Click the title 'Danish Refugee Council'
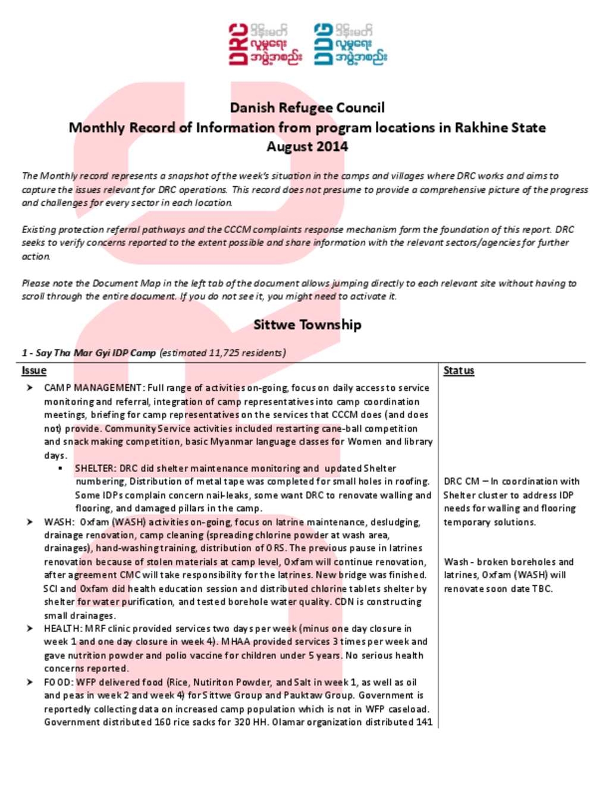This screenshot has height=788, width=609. pos(307,108)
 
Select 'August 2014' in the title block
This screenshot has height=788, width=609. pos(307,147)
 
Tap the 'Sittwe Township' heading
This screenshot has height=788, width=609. pos(307,325)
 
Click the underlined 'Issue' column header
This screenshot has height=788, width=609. pos(34,371)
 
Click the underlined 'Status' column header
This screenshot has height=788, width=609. pos(459,371)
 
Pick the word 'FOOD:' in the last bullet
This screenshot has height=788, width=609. pos(58,682)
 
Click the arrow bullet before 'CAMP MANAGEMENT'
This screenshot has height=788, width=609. pos(30,388)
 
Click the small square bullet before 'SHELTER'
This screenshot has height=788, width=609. pos(61,469)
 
